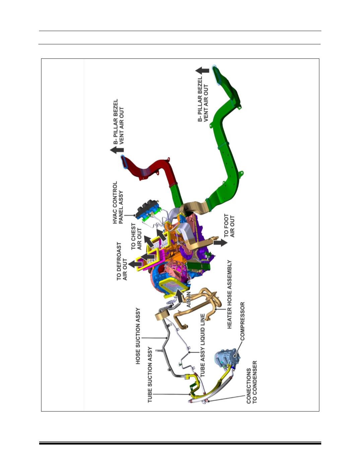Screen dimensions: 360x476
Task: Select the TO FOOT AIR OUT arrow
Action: (220, 243)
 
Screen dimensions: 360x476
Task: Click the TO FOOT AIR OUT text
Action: (229, 226)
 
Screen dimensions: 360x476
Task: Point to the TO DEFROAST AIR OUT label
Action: (122, 261)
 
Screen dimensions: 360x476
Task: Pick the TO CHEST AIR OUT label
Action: (136, 236)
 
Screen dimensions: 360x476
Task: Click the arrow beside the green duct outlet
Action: (202, 71)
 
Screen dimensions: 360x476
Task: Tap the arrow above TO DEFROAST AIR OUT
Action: (135, 264)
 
